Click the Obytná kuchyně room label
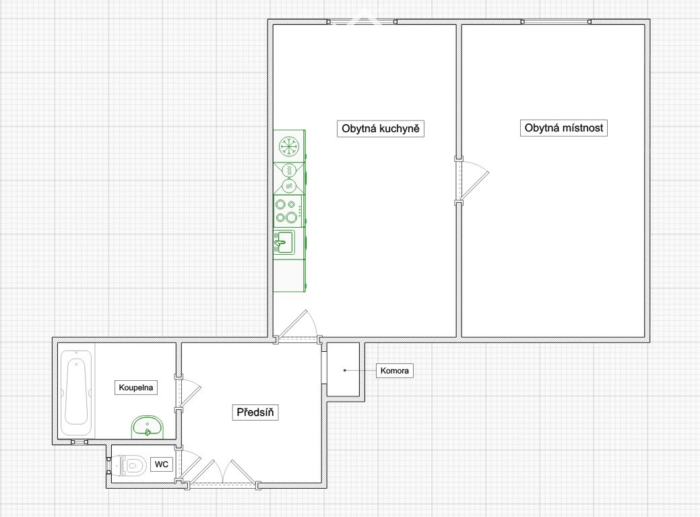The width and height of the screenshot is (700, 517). [x=381, y=129]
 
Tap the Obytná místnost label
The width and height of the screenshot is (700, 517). [x=563, y=127]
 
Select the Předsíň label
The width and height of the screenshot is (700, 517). [x=255, y=412]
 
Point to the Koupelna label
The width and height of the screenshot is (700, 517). [x=136, y=388]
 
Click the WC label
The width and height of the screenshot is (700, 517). [x=162, y=464]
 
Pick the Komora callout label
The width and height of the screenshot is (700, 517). [x=395, y=371]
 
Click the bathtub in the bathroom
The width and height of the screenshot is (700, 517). [x=76, y=393]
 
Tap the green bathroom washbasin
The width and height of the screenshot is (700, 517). [x=148, y=427]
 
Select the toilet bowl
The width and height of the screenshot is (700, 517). [x=129, y=466]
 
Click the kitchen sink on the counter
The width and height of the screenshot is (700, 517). [x=284, y=241]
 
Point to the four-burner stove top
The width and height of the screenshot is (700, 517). [x=288, y=211]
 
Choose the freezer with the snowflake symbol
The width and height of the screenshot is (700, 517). [x=289, y=146]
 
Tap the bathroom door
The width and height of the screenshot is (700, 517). [x=187, y=394]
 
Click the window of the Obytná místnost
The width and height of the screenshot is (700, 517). [x=556, y=22]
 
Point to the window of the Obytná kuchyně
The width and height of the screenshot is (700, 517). [x=362, y=22]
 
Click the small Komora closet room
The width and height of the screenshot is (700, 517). [x=344, y=369]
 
